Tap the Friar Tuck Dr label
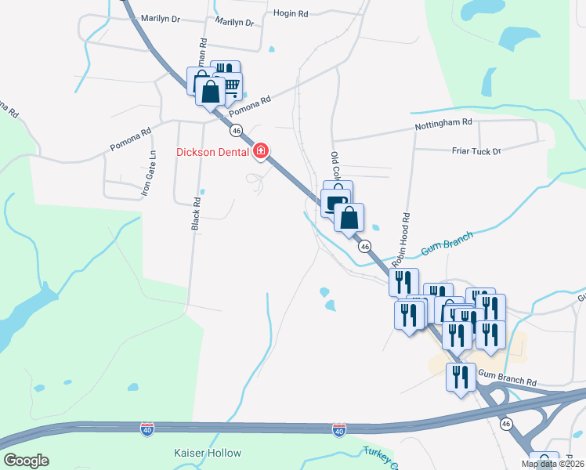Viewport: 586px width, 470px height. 476,150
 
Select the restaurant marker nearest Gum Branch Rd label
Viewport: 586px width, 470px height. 460,378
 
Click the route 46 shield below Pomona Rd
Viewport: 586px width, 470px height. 237,130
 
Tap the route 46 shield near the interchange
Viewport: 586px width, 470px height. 506,424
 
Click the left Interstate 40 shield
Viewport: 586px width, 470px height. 146,429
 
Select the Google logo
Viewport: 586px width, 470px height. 26,461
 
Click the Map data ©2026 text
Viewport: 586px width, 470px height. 553,464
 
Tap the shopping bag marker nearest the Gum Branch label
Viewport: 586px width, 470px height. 349,217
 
